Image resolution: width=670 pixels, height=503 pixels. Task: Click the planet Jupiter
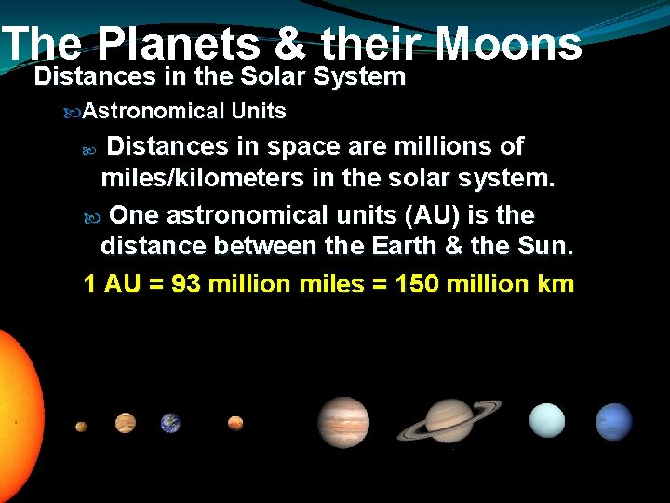pyautogui.click(x=343, y=421)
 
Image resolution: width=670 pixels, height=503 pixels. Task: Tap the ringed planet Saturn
pyautogui.click(x=449, y=420)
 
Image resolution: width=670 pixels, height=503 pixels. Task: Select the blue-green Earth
pyautogui.click(x=169, y=423)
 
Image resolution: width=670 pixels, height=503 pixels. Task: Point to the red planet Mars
pyautogui.click(x=235, y=423)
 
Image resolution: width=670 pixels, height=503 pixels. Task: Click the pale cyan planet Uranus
pyautogui.click(x=546, y=420)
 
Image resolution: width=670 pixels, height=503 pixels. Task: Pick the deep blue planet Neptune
pyautogui.click(x=613, y=421)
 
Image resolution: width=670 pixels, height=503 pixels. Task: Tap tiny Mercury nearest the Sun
pyautogui.click(x=81, y=427)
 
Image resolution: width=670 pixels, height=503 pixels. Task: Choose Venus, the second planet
pyautogui.click(x=125, y=423)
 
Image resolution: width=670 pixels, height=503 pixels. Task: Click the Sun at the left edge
pyautogui.click(x=17, y=410)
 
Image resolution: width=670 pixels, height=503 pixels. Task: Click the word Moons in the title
pyautogui.click(x=508, y=44)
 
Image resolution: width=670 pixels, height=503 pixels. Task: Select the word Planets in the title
pyautogui.click(x=178, y=44)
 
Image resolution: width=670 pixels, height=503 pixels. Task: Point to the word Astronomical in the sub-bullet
pyautogui.click(x=154, y=112)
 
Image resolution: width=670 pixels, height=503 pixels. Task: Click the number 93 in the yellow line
pyautogui.click(x=186, y=284)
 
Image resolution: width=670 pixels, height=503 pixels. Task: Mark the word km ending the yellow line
pyautogui.click(x=556, y=284)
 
